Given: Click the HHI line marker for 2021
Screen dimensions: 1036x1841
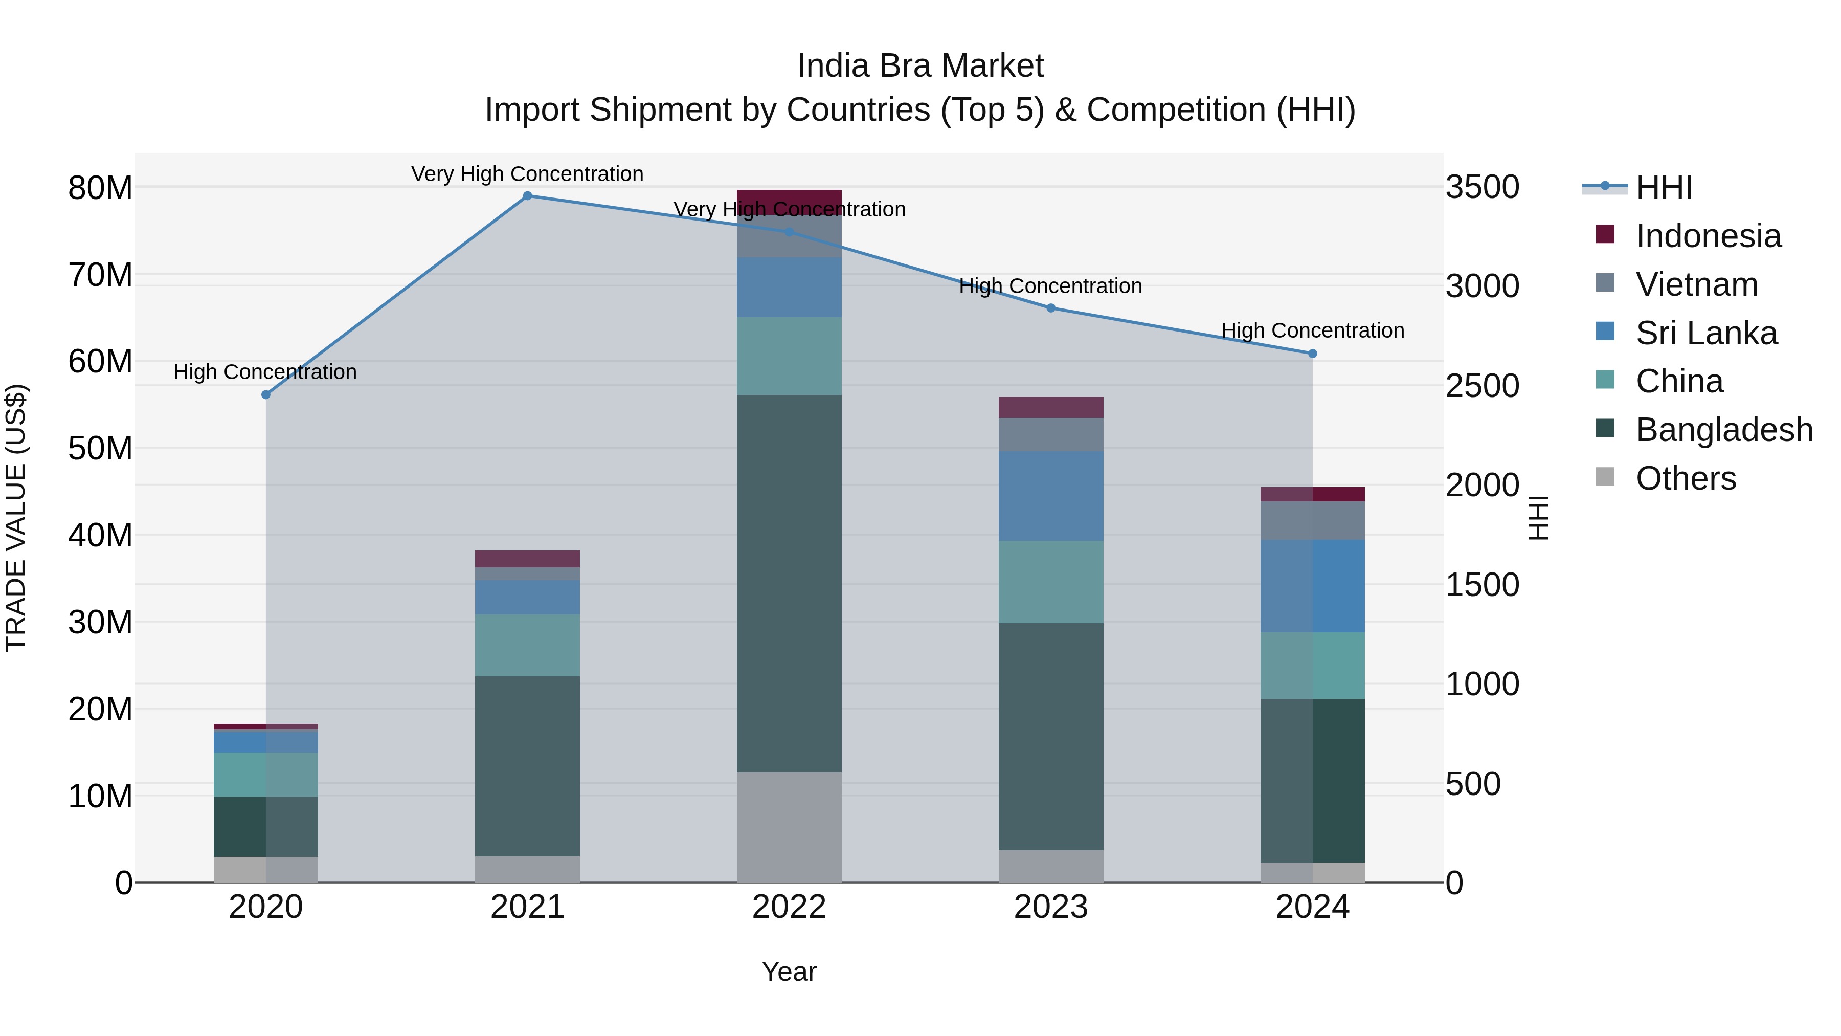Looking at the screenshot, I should (x=527, y=196).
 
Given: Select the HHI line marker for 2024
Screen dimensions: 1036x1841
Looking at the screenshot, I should (x=1312, y=353).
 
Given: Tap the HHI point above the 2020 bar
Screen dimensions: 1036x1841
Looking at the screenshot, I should (x=266, y=394).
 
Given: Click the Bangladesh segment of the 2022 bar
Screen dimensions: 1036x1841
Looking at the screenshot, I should (x=789, y=583).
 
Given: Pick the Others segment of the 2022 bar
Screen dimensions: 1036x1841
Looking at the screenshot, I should (x=789, y=827).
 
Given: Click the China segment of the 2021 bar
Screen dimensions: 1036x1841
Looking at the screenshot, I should (x=527, y=645).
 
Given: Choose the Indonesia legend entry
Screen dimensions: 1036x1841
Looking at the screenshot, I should (x=1708, y=236).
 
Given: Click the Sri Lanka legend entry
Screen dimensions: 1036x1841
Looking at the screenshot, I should (x=1706, y=333).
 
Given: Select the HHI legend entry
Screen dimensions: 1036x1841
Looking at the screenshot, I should (x=1664, y=187).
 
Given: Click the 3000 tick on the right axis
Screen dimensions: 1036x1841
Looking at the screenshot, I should (x=1482, y=286).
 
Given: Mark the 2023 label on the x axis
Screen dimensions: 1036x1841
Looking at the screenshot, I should (x=1050, y=907).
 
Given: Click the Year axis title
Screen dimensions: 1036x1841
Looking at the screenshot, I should (x=789, y=972).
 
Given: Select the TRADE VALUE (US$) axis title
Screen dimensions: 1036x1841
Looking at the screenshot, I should (x=16, y=518).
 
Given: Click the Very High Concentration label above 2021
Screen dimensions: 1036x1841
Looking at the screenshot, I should (x=527, y=174).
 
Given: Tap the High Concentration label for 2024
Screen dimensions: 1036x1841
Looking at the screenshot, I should (x=1312, y=330).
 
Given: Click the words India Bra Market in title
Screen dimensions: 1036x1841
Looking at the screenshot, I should (x=920, y=66).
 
